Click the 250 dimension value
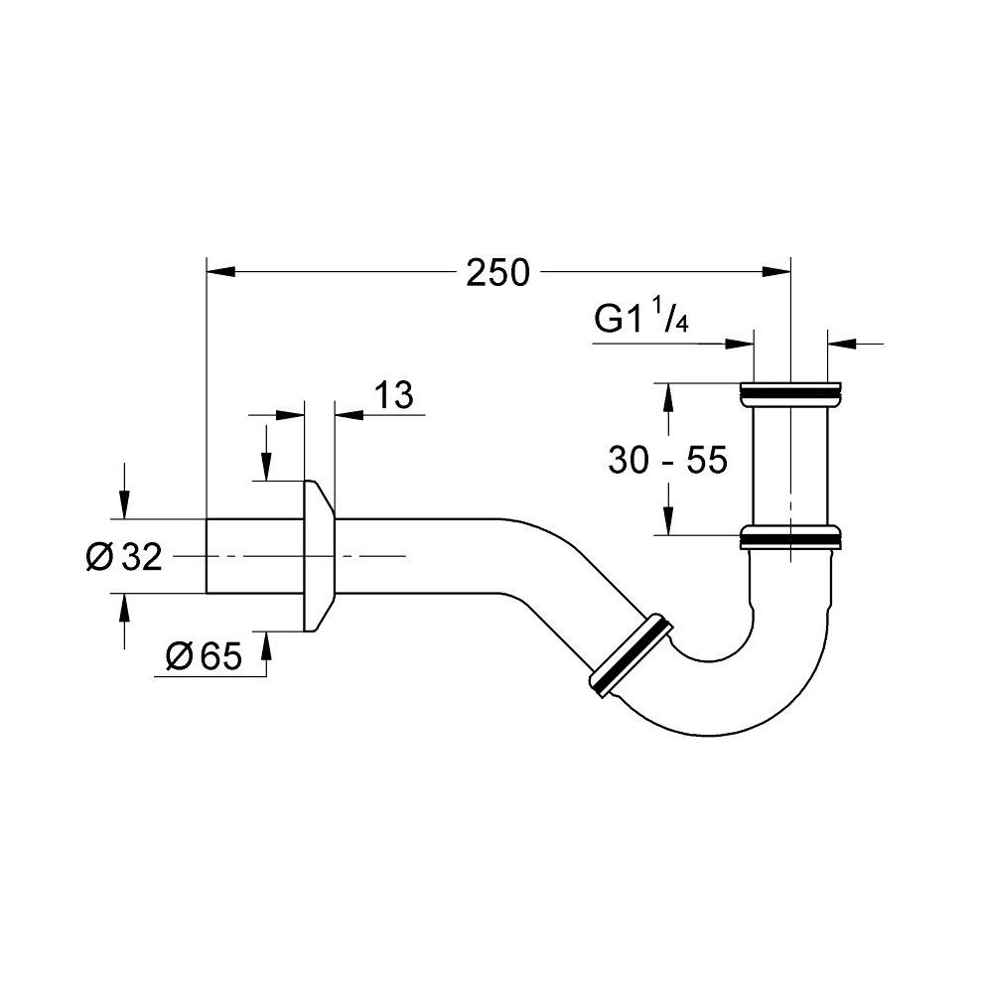tap(497, 273)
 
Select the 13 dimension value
tap(394, 395)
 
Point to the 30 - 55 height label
tap(667, 460)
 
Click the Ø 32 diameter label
tap(124, 556)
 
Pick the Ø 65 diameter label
tap(204, 656)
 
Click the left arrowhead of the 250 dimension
tap(220, 271)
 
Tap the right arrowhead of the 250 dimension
tap(776, 271)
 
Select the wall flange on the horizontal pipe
tap(319, 556)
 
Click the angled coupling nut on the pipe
tap(631, 654)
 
